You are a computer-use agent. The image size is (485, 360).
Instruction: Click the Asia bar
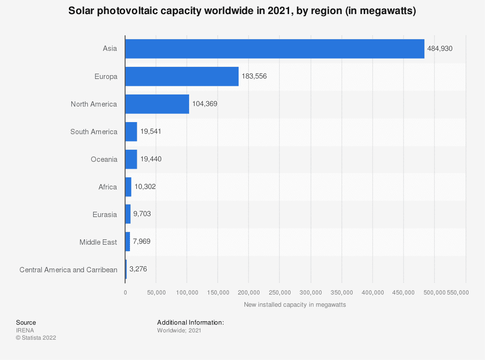point(275,49)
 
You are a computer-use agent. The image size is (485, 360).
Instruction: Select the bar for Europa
point(182,77)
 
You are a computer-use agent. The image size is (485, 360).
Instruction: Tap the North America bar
point(157,104)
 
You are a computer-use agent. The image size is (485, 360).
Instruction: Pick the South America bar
point(131,132)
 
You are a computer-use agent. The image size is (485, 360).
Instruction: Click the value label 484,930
point(440,49)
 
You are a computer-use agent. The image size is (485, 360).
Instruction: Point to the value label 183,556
point(254,77)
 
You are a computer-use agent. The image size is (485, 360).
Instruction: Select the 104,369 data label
point(205,104)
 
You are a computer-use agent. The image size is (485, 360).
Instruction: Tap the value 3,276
point(139,269)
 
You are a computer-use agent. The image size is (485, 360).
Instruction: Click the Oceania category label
point(104,159)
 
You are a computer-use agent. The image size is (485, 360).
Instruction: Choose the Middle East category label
point(98,242)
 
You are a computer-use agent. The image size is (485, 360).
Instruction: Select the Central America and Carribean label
point(68,269)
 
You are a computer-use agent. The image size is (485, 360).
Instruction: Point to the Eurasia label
point(104,214)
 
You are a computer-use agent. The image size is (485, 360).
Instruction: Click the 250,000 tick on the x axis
point(280,293)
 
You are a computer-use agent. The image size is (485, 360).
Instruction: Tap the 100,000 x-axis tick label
point(187,293)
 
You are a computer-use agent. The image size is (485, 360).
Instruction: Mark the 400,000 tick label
point(372,293)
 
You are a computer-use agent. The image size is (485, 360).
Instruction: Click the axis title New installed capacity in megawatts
point(295,305)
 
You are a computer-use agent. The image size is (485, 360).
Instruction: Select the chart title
point(242,11)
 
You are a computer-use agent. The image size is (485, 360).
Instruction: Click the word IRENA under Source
point(25,330)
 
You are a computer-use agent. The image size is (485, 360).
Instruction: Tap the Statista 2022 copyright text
point(36,338)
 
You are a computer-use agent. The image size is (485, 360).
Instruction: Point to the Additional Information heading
point(190,322)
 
